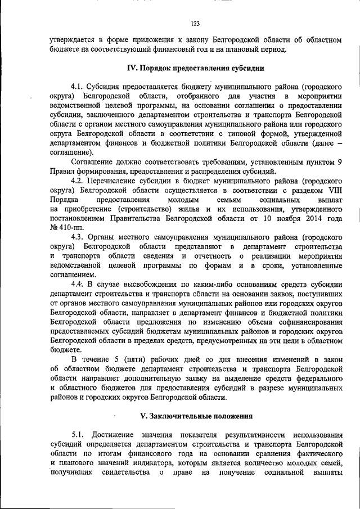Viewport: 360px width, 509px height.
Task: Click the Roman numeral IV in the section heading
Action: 133,69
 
